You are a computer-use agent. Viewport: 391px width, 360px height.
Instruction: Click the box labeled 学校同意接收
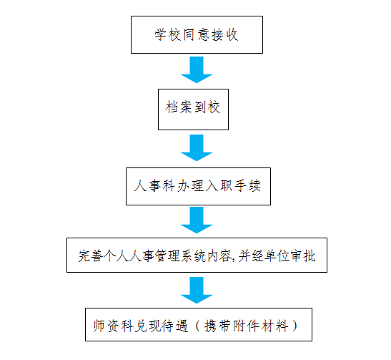[x=197, y=34]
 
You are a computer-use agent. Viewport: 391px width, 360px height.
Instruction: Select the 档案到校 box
[x=193, y=110]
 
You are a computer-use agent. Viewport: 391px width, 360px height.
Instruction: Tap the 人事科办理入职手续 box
[x=198, y=187]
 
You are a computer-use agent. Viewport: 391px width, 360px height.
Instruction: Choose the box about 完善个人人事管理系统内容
[x=197, y=255]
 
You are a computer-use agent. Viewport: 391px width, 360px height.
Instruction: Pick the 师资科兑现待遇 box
[x=199, y=324]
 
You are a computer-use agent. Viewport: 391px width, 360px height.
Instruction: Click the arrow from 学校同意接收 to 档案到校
[x=197, y=70]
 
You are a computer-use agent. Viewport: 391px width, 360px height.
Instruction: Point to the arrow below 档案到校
[x=197, y=148]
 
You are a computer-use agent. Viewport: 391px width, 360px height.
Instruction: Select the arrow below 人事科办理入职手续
[x=197, y=220]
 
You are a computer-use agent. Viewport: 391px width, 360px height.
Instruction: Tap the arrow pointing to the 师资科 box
[x=197, y=290]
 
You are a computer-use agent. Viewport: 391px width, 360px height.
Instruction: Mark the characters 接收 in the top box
[x=225, y=34]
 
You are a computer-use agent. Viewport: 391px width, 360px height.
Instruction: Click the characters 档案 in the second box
[x=179, y=107]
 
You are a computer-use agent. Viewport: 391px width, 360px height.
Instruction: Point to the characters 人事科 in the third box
[x=154, y=186]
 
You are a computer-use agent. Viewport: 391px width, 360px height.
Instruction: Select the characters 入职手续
[x=234, y=186]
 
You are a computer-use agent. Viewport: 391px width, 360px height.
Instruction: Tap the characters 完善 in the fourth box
[x=90, y=256]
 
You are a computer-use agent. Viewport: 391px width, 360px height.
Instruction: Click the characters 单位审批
[x=290, y=256]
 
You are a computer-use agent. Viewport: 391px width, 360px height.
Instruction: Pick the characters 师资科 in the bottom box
[x=114, y=326]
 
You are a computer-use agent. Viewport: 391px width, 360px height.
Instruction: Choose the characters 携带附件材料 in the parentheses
[x=246, y=326]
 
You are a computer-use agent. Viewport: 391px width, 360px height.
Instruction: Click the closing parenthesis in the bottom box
[x=295, y=326]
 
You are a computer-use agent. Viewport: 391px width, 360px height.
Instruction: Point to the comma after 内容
[x=234, y=260]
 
